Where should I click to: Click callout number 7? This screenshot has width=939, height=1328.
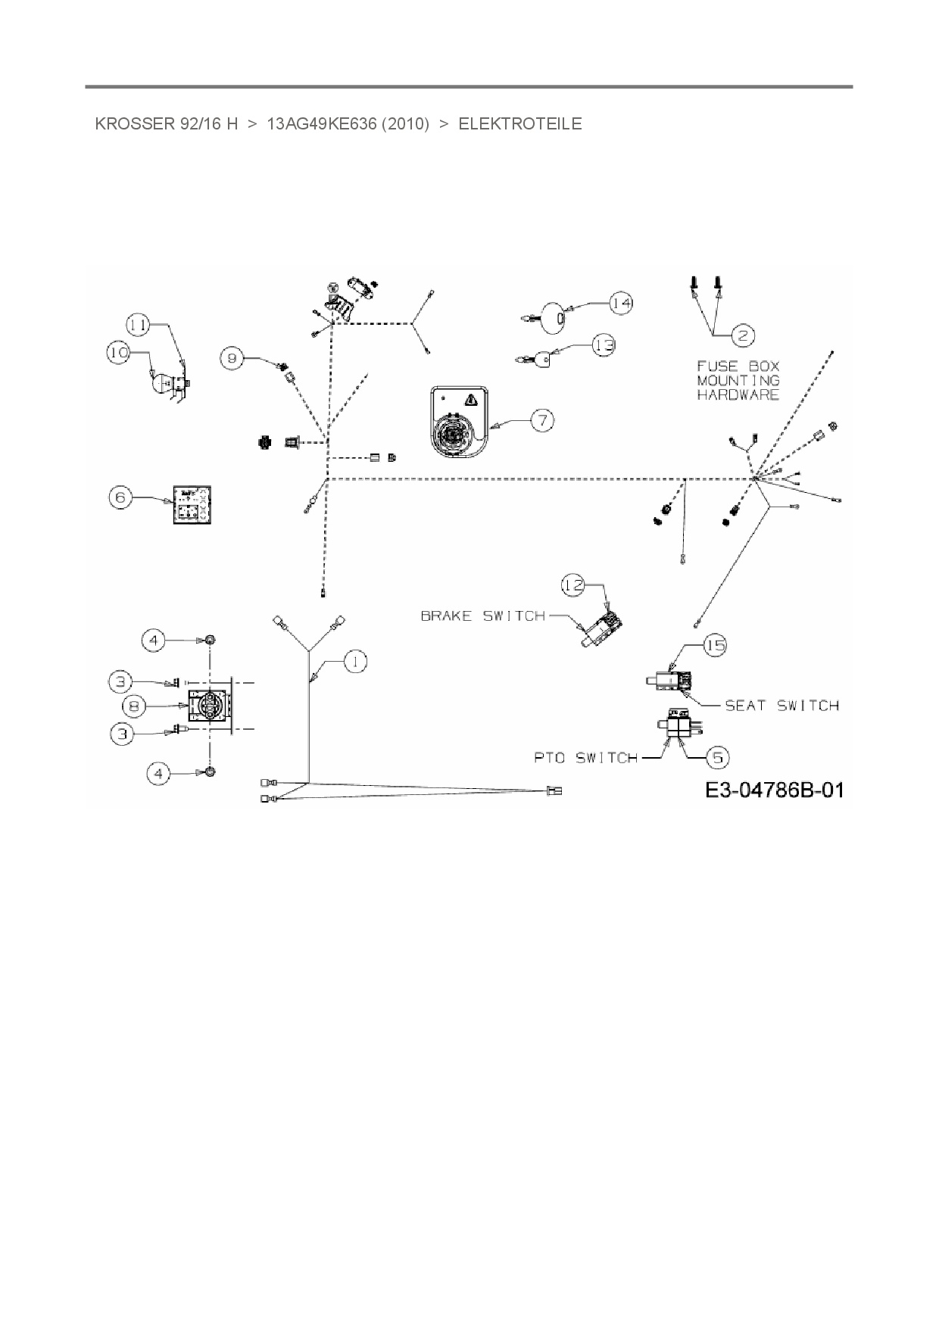(x=542, y=419)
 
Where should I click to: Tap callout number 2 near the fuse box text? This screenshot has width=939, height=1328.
(x=742, y=334)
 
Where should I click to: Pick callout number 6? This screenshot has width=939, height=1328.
(x=120, y=497)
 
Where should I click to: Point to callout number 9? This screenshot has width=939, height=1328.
(x=232, y=357)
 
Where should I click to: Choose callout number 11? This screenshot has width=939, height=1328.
(x=138, y=325)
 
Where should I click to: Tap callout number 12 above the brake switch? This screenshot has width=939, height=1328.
(x=572, y=584)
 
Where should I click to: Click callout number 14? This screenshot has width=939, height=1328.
(x=620, y=302)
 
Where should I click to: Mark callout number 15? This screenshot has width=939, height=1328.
(x=714, y=644)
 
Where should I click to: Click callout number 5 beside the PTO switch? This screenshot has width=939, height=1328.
(x=717, y=756)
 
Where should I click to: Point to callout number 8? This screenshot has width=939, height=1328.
(x=134, y=706)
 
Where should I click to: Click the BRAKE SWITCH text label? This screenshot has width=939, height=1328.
(x=482, y=616)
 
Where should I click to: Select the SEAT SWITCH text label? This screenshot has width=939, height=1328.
(x=781, y=706)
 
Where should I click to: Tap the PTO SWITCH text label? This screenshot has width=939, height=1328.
(x=585, y=757)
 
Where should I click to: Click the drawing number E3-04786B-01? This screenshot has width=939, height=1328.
(x=774, y=790)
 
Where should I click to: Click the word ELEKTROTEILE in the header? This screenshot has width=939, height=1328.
(x=520, y=124)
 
